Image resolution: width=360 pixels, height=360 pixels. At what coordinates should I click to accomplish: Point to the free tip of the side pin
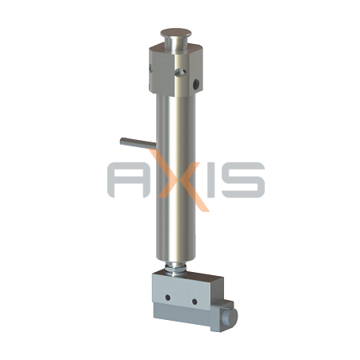click(x=122, y=141)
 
